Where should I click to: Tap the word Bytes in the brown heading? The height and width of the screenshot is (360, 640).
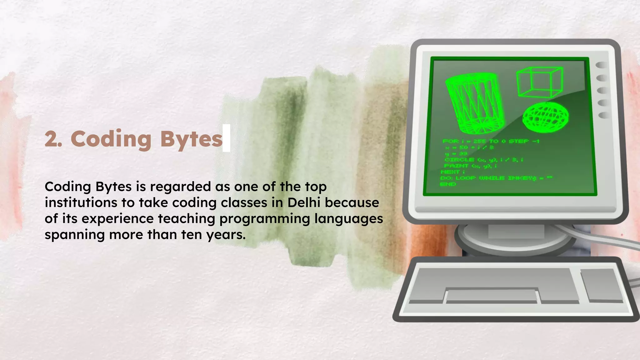pyautogui.click(x=191, y=139)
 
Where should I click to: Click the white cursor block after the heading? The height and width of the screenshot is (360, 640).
pyautogui.click(x=227, y=138)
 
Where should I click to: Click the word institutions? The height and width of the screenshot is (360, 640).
pyautogui.click(x=81, y=202)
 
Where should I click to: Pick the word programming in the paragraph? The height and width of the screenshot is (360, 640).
pyautogui.click(x=264, y=218)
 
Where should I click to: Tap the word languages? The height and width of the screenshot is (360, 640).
pyautogui.click(x=348, y=218)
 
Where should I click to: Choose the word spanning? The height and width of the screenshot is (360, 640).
pyautogui.click(x=74, y=235)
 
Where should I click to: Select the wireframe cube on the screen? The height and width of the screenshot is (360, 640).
pyautogui.click(x=539, y=82)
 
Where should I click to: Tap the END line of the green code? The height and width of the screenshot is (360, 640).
pyautogui.click(x=448, y=184)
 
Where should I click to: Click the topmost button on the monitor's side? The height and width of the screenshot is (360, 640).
pyautogui.click(x=602, y=65)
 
